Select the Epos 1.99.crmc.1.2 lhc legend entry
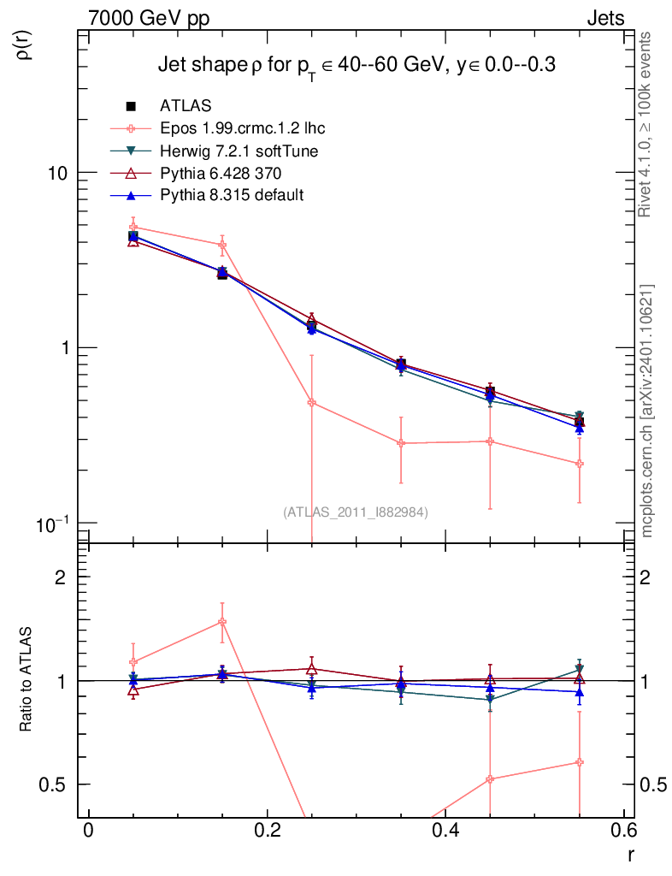click(242, 128)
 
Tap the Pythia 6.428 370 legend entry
click(221, 173)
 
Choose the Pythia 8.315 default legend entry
click(231, 195)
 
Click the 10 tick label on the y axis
click(56, 172)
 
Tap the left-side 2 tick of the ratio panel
click(61, 577)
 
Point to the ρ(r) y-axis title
click(24, 45)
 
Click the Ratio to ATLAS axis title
click(26, 679)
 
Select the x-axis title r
click(630, 855)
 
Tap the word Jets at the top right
click(604, 18)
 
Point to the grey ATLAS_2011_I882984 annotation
click(356, 512)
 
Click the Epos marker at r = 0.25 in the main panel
click(311, 402)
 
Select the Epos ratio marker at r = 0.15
click(222, 622)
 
